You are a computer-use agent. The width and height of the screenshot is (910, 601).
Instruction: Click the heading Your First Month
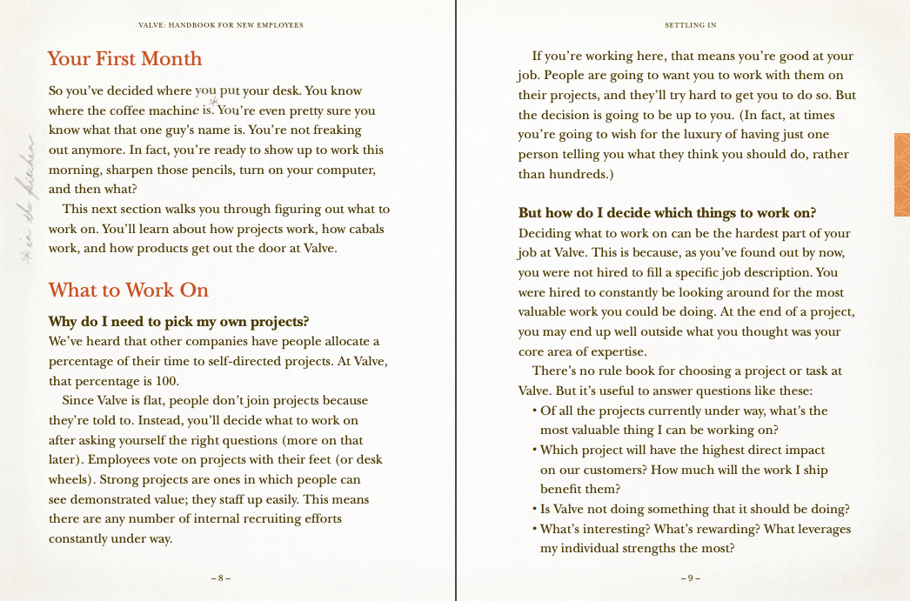[x=124, y=59]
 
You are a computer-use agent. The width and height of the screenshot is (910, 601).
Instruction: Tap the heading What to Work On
[x=129, y=290]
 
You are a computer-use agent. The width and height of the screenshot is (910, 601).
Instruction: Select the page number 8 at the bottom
[x=221, y=578]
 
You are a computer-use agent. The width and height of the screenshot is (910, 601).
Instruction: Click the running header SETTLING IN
[x=691, y=25]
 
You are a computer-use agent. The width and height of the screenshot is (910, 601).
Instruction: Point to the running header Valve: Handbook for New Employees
[x=221, y=25]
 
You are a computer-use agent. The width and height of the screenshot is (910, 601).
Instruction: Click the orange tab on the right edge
[x=901, y=175]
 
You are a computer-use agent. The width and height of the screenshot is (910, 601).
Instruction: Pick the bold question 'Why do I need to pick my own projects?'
[x=179, y=322]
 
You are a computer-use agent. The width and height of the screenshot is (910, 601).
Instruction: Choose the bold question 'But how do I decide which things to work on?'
[x=666, y=213]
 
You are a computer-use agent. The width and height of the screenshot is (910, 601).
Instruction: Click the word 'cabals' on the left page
[x=365, y=229]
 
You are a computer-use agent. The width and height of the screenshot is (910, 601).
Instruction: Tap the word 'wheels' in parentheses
[x=70, y=479]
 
